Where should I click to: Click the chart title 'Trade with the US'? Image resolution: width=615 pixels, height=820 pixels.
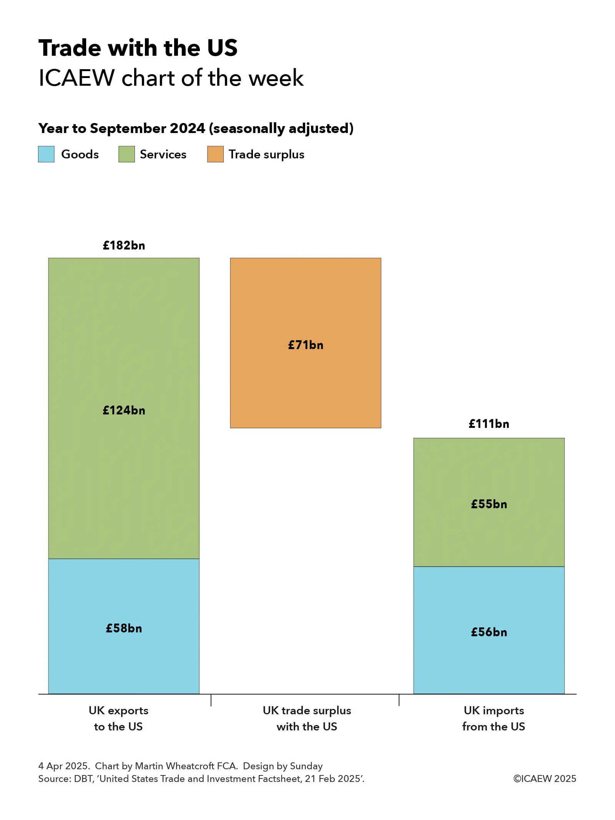pos(138,48)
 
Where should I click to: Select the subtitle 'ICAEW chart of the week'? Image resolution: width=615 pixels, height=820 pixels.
pos(171,78)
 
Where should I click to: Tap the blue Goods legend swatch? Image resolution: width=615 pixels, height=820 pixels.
pos(46,154)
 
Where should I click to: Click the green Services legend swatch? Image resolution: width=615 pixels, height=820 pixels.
pos(126,154)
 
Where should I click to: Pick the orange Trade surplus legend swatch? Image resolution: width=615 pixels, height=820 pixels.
pos(215,154)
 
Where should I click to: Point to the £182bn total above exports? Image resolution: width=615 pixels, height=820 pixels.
pos(124,245)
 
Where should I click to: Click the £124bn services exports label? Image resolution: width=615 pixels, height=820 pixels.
pos(124,410)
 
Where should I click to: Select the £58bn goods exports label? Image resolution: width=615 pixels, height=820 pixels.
pos(124,628)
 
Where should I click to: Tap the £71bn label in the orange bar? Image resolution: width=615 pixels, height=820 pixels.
pos(306,345)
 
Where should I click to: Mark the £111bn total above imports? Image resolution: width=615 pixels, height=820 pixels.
pos(489,424)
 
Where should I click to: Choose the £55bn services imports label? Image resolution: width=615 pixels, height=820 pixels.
pos(489,504)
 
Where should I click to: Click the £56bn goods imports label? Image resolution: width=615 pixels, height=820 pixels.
pos(489,632)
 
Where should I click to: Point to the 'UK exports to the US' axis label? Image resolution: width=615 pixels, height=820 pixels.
pos(118,718)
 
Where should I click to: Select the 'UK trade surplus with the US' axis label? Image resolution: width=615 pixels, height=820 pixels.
pos(307,718)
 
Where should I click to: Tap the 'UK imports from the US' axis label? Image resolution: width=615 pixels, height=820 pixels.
pos(494,718)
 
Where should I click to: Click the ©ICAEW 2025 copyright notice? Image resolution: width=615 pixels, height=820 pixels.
pos(544,778)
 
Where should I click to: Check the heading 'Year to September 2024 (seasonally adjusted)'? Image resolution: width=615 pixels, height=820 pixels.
pos(196,128)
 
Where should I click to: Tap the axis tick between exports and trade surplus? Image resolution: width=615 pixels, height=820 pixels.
pos(211,700)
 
